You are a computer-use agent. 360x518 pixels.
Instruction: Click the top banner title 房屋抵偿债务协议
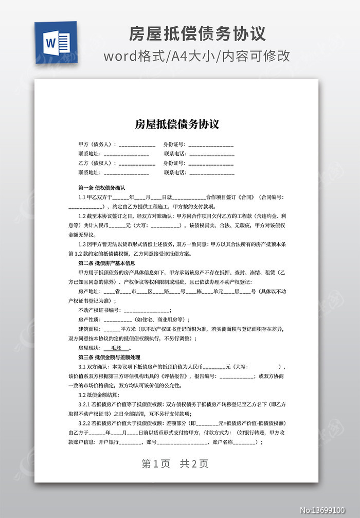point(196,33)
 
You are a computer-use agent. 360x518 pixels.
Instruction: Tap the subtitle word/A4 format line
point(196,56)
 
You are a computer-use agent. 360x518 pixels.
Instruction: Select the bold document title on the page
point(177,124)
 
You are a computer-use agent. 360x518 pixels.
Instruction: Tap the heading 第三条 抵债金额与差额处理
point(109,357)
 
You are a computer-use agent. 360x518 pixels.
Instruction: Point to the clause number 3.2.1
point(86,404)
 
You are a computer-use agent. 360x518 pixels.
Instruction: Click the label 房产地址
point(90,291)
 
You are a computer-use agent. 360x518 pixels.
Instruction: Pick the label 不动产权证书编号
point(99,310)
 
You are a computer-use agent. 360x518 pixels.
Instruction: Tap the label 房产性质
point(90,319)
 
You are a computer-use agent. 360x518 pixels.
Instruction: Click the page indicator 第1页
point(156,463)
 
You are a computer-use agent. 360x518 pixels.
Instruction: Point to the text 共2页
point(194,463)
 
